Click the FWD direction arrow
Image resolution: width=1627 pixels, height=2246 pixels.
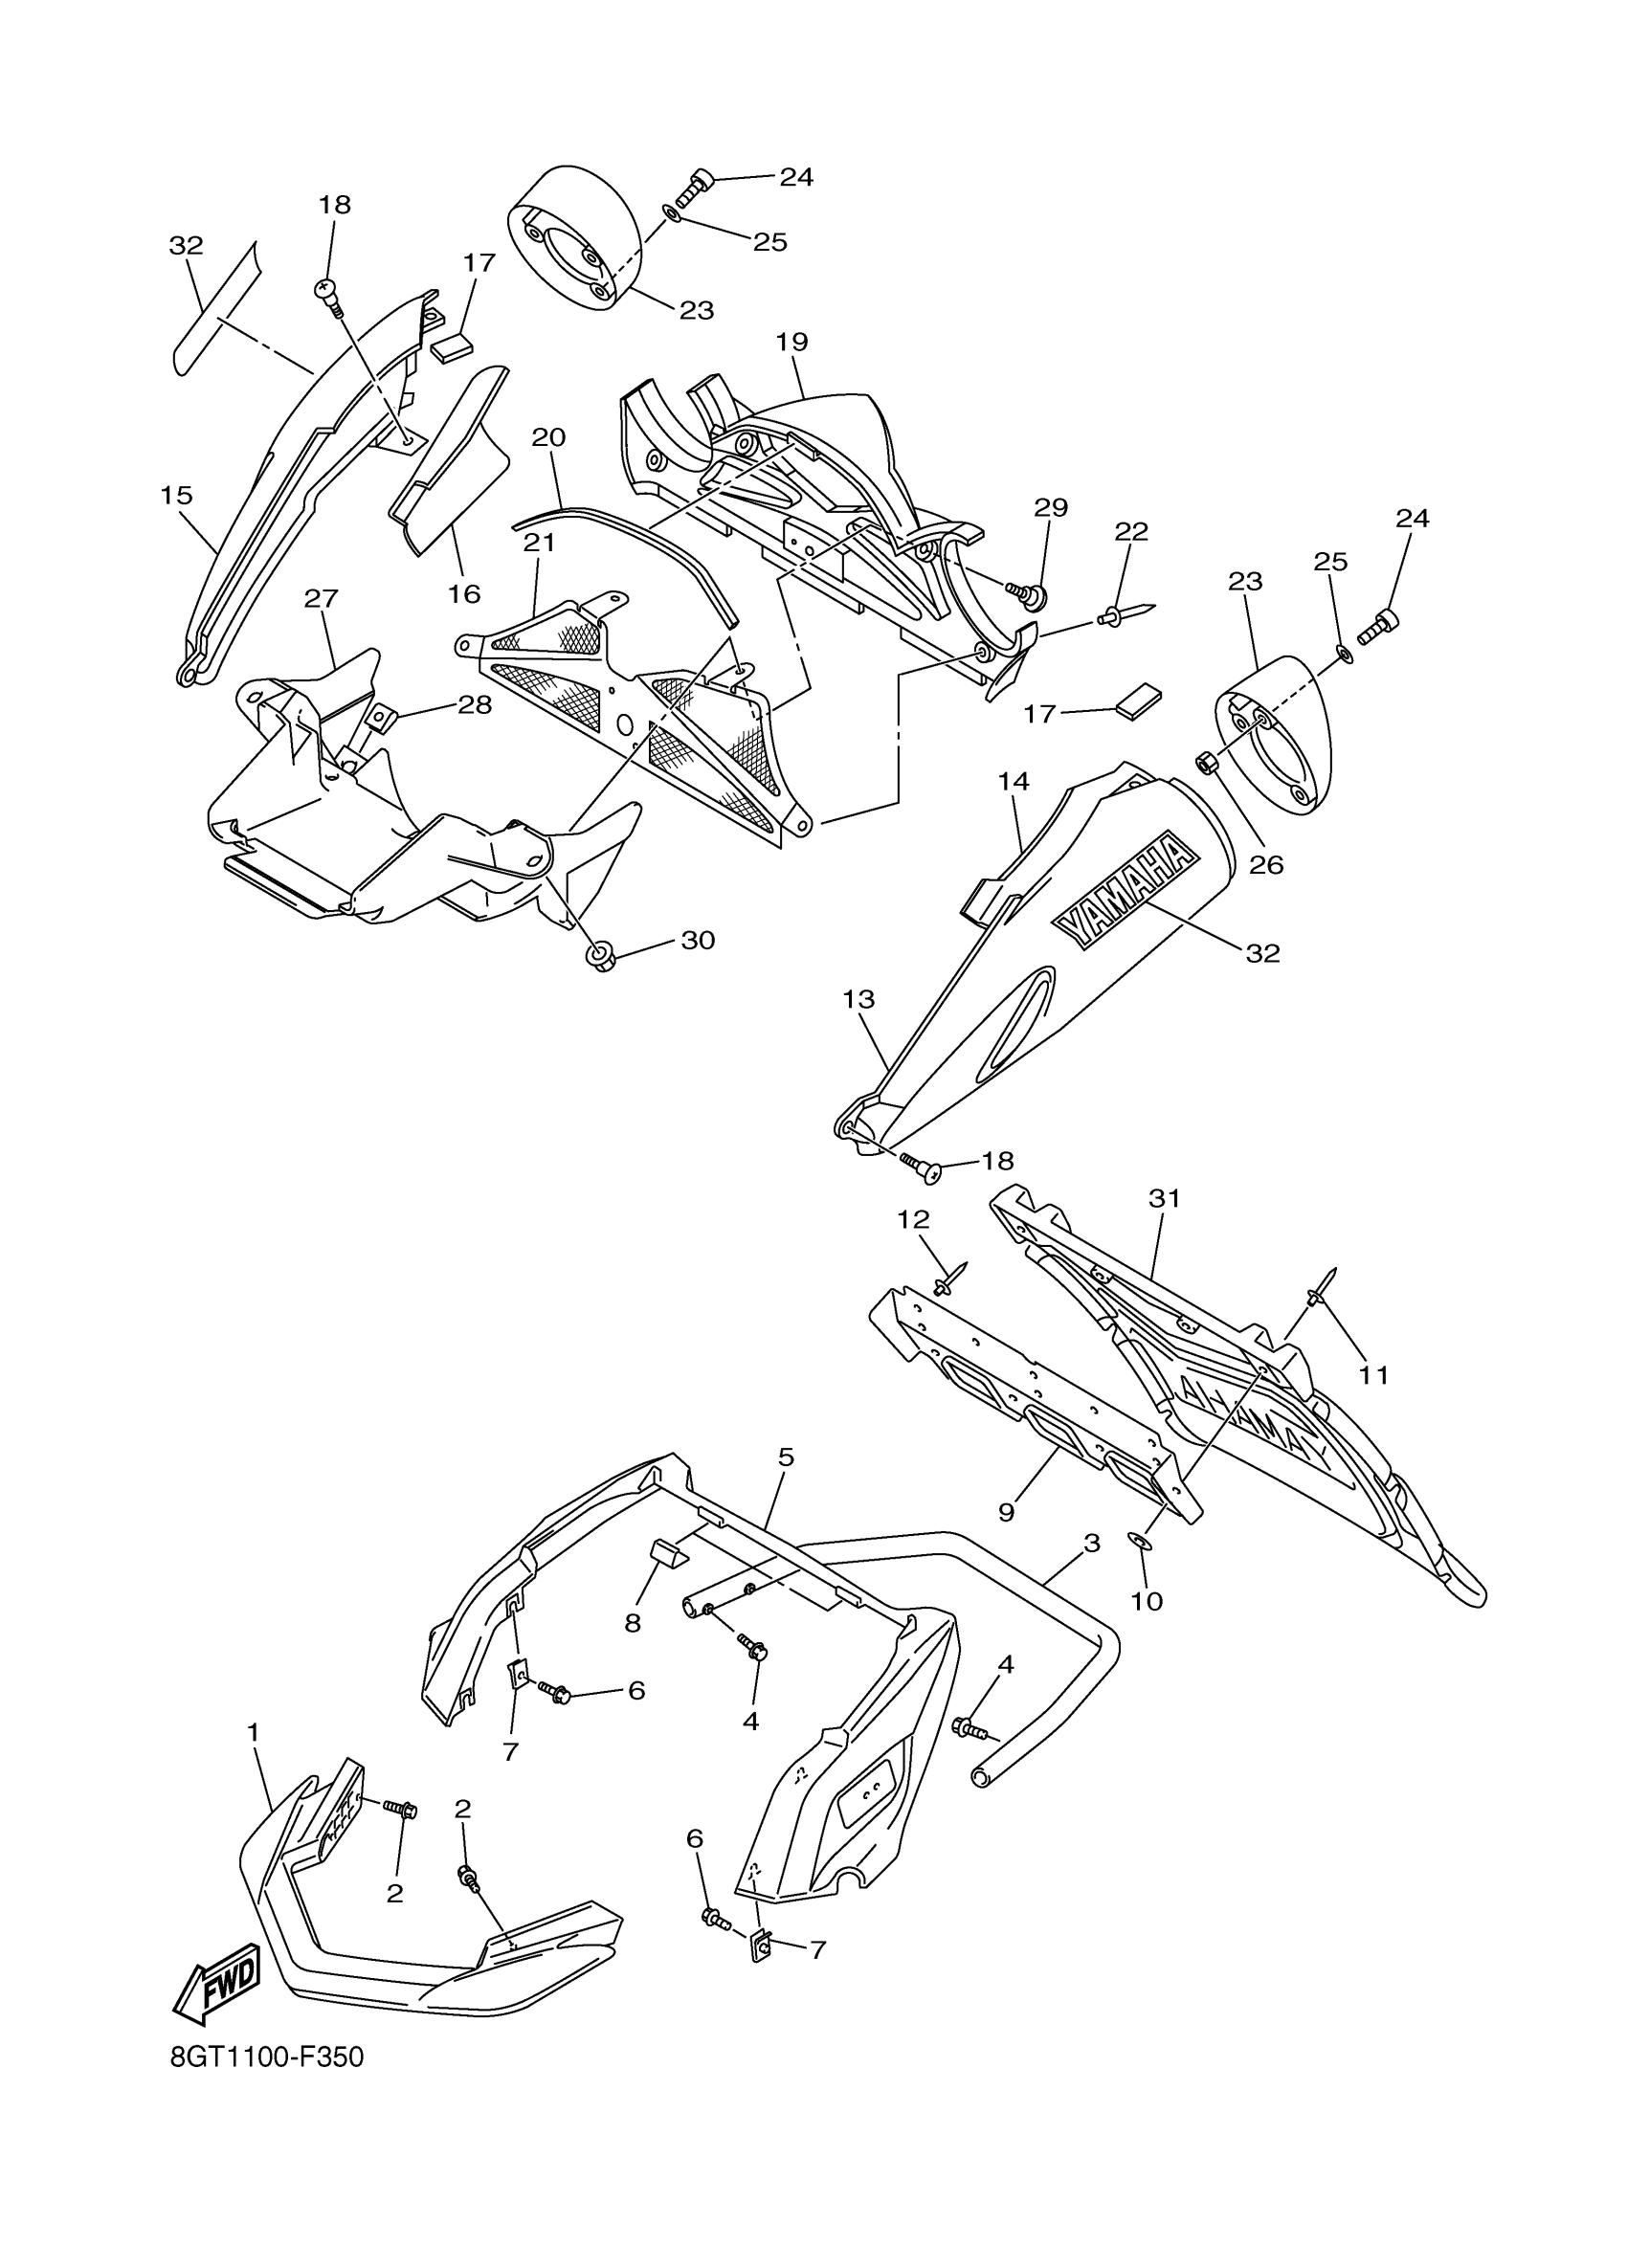tap(217, 1986)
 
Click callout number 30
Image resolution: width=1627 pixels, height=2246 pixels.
tap(698, 940)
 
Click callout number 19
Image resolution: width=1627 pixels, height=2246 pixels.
tap(792, 343)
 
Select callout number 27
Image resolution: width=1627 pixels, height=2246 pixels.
tap(322, 598)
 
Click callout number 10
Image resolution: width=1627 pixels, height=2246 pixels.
tap(1147, 1600)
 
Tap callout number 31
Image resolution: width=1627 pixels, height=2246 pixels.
tap(1166, 1198)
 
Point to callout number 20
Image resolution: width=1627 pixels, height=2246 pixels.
tap(548, 436)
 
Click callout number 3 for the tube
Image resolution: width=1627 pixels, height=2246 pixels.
tap(1091, 1543)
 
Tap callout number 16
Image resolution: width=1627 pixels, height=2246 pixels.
tap(463, 593)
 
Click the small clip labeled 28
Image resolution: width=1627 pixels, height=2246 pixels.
tap(378, 715)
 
